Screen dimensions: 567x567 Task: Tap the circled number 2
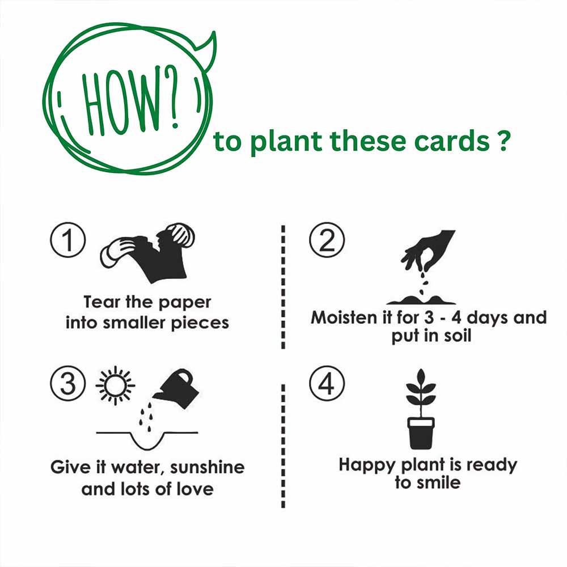[326, 240]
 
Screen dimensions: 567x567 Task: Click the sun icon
[115, 386]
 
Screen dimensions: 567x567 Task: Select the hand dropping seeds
[428, 249]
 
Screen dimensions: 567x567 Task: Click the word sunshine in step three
[208, 468]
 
